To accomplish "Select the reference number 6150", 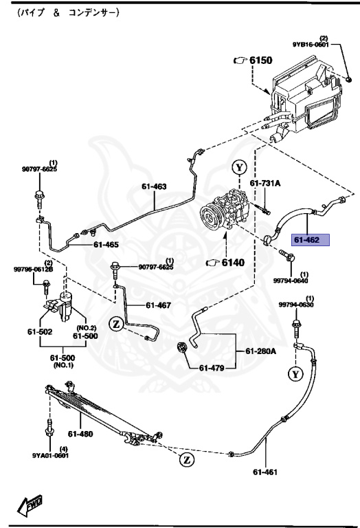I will click(x=262, y=60).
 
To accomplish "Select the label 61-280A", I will click(x=261, y=351).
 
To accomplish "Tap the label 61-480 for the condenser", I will click(x=80, y=433).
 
